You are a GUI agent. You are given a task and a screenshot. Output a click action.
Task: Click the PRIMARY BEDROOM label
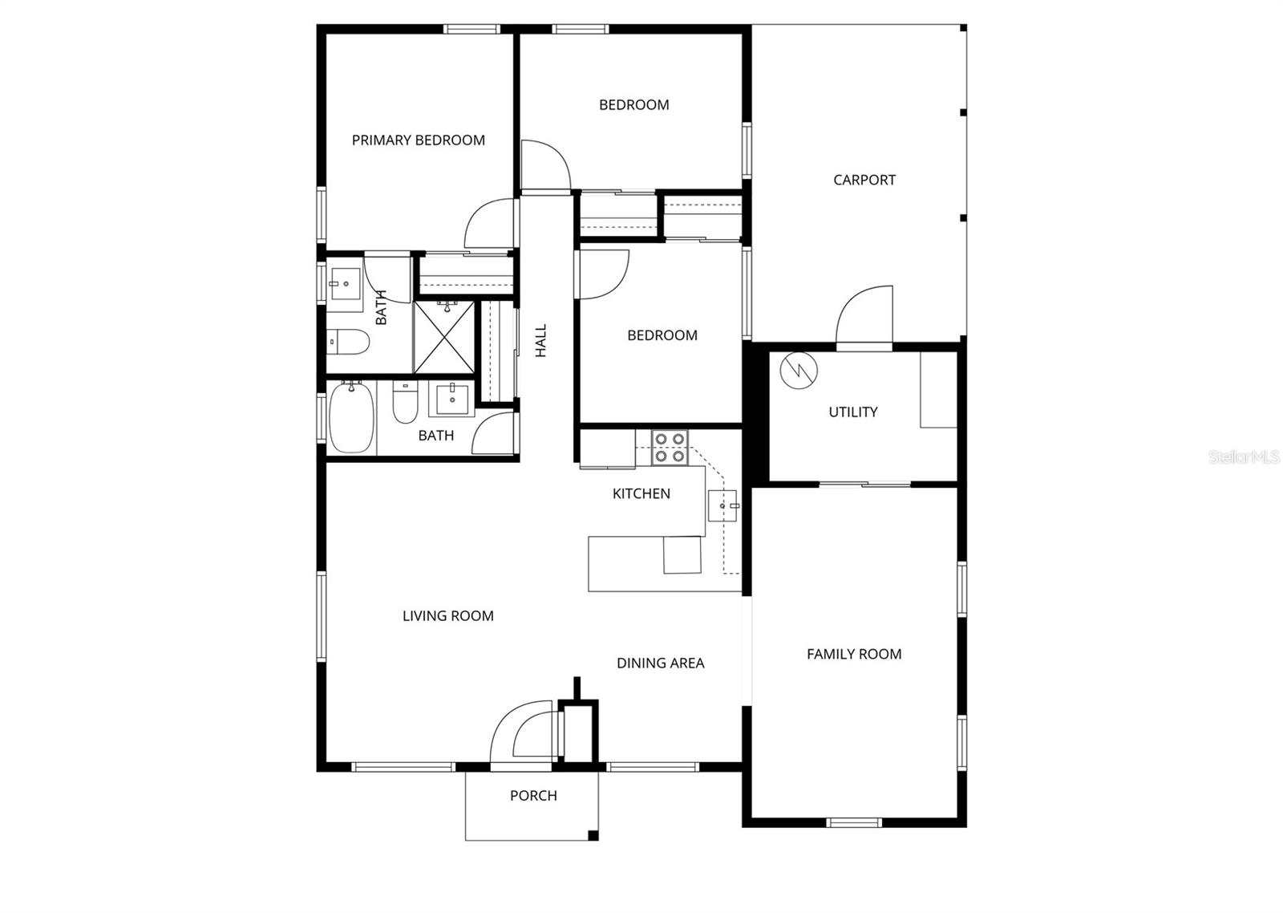pyautogui.click(x=418, y=140)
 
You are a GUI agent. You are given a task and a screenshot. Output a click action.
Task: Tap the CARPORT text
pyautogui.click(x=864, y=180)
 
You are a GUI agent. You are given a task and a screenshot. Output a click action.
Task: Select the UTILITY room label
pyautogui.click(x=853, y=412)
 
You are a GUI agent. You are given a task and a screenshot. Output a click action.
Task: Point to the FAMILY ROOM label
pyautogui.click(x=854, y=654)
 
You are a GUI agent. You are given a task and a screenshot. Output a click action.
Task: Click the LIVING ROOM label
pyautogui.click(x=448, y=616)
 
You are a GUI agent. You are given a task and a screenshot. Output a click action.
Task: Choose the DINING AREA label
pyautogui.click(x=661, y=663)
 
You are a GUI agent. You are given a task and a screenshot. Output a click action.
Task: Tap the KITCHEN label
pyautogui.click(x=641, y=493)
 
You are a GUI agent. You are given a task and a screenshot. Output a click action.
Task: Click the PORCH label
pyautogui.click(x=533, y=796)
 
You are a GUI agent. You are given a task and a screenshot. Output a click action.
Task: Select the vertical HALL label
pyautogui.click(x=541, y=340)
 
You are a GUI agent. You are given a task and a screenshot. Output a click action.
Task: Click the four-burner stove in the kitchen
pyautogui.click(x=670, y=448)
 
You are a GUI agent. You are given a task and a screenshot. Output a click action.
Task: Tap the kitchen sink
pyautogui.click(x=722, y=505)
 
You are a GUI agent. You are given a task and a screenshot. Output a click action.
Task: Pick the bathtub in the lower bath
pyautogui.click(x=351, y=418)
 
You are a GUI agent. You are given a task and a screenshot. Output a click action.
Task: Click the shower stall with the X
pyautogui.click(x=444, y=338)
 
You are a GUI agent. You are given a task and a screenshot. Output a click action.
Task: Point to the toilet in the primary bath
pyautogui.click(x=348, y=342)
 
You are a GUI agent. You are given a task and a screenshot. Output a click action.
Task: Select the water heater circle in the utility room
pyautogui.click(x=799, y=370)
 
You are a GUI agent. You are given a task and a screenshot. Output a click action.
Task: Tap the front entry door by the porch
pyautogui.click(x=521, y=733)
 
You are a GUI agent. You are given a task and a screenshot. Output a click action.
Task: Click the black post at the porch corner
pyautogui.click(x=593, y=835)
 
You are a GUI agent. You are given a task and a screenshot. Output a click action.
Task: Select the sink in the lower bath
pyautogui.click(x=452, y=400)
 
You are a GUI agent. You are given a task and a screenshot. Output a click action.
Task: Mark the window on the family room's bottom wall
pyautogui.click(x=853, y=823)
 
